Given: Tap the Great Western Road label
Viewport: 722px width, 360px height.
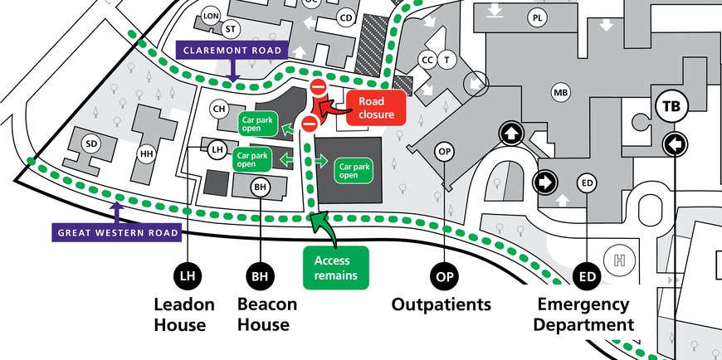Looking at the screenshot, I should click(117, 232).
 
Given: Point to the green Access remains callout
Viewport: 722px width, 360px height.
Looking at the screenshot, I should click(336, 266).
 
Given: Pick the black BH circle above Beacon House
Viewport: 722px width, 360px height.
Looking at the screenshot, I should click(261, 275).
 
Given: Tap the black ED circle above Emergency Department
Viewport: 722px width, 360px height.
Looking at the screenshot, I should click(587, 275).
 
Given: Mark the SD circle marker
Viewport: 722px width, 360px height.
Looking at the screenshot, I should click(92, 144).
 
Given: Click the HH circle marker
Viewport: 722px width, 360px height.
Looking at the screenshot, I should click(147, 153).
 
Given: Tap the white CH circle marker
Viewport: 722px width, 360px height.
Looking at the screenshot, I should click(219, 109).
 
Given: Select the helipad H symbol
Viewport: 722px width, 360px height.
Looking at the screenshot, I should click(618, 260).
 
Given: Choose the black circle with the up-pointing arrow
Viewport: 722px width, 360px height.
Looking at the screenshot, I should click(510, 132).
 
